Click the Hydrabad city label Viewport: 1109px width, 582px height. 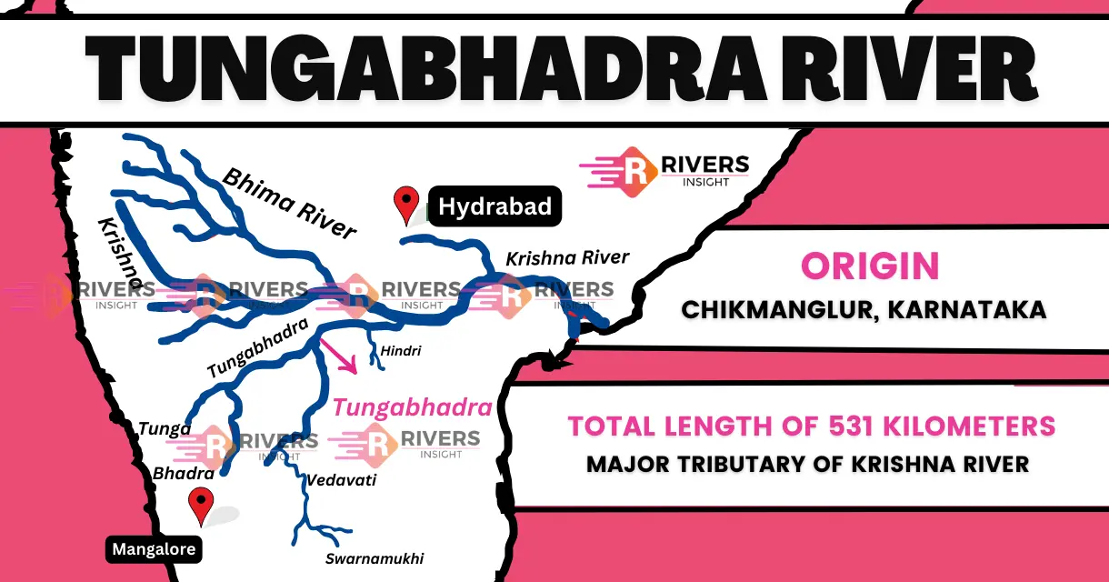(x=495, y=206)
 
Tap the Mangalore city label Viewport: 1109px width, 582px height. (x=154, y=549)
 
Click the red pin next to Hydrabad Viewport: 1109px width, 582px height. (x=405, y=203)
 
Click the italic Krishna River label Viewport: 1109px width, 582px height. (x=567, y=257)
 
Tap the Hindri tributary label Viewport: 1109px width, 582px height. (x=402, y=350)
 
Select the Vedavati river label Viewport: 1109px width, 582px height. (x=341, y=480)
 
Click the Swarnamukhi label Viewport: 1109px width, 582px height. (x=375, y=558)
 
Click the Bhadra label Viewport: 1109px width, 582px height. (x=184, y=474)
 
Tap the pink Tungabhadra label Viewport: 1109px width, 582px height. (x=412, y=406)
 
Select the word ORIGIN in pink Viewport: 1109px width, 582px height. (x=870, y=266)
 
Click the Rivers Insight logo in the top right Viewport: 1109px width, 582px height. (x=664, y=171)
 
